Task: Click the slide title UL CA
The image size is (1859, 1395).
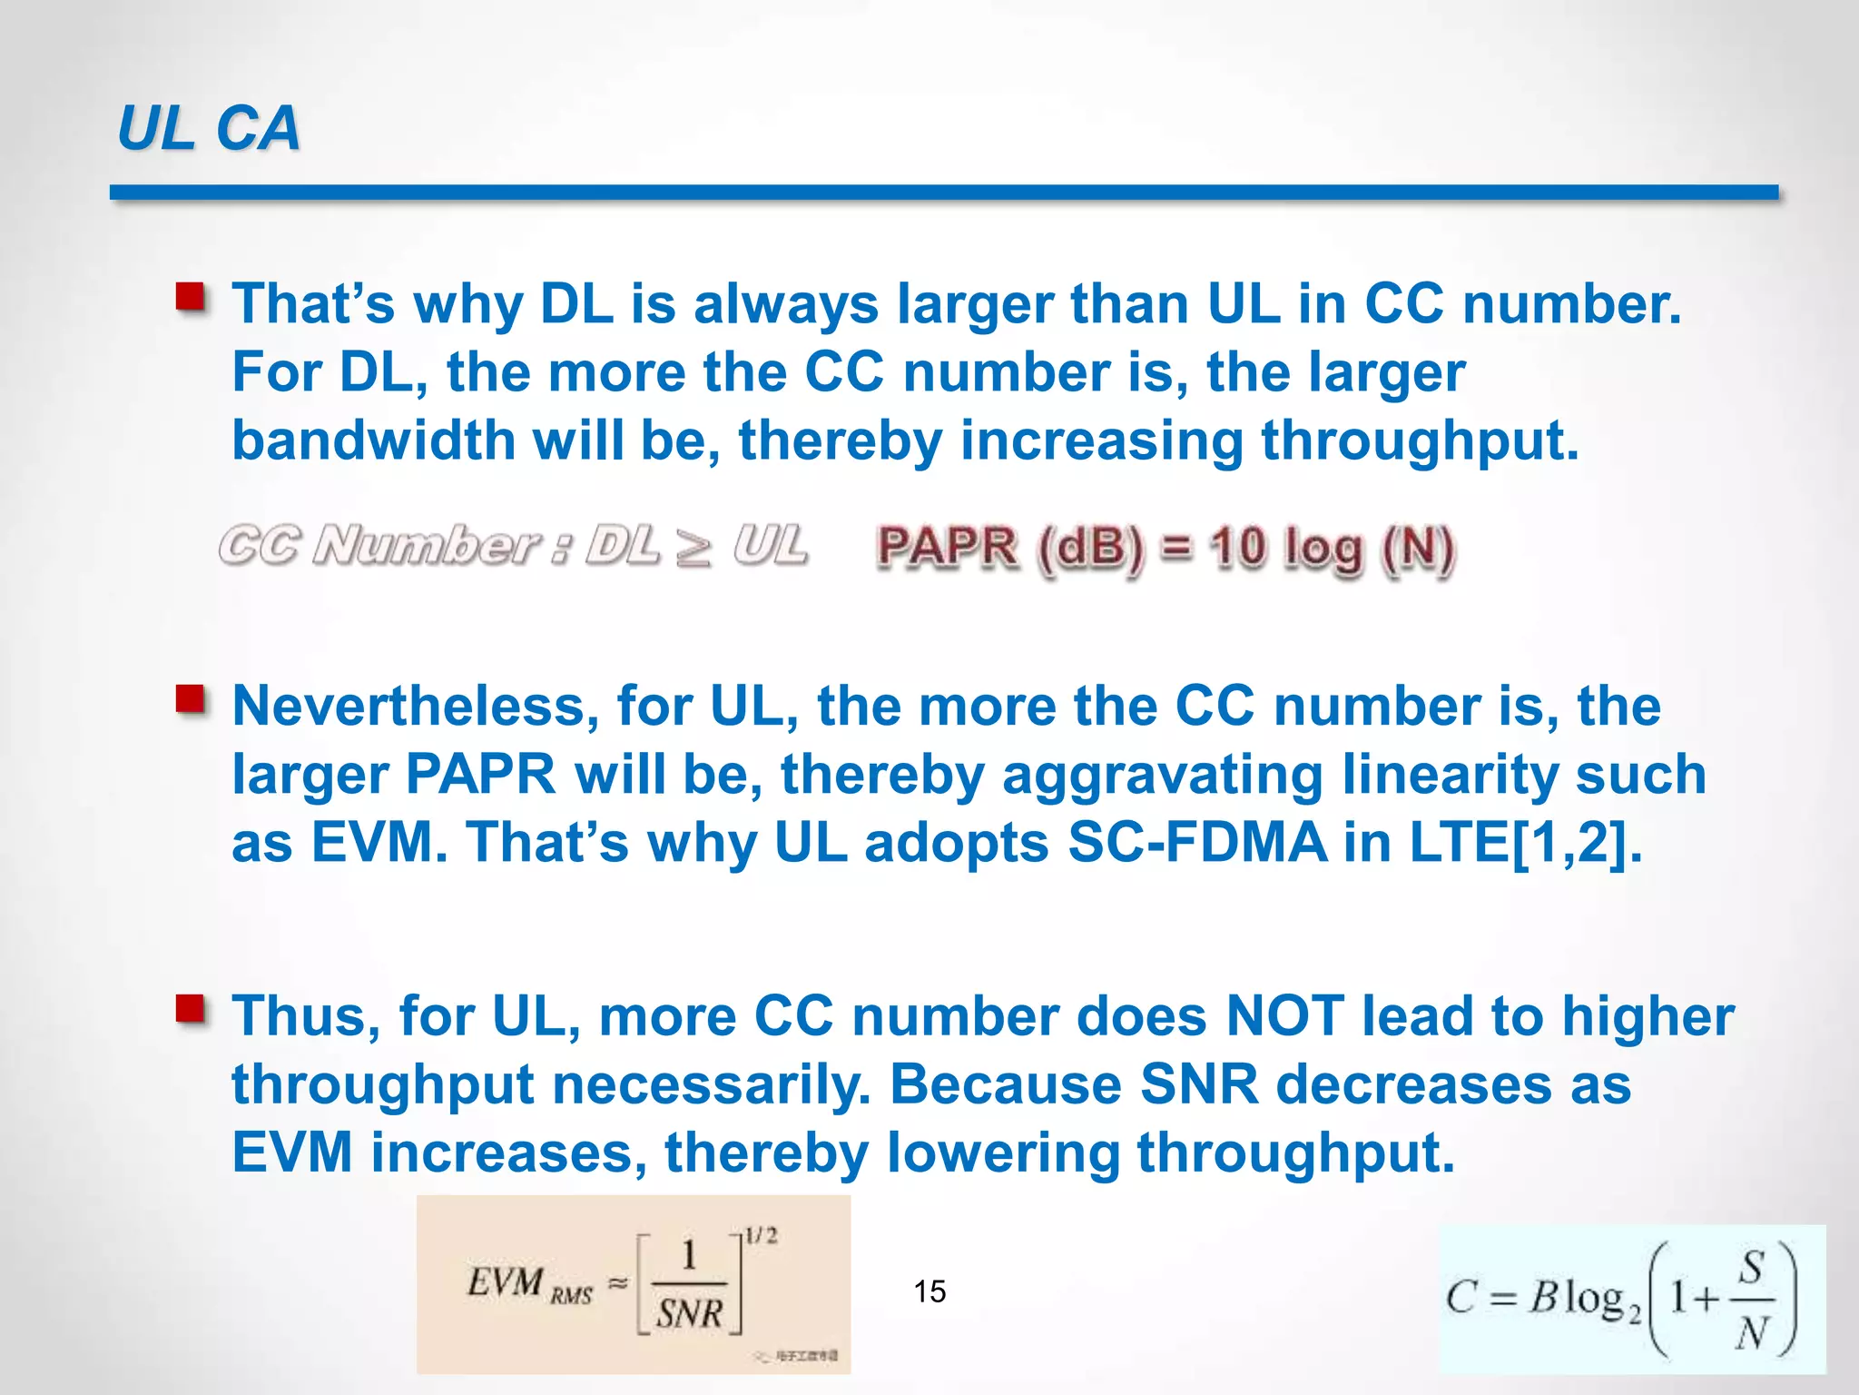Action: point(208,128)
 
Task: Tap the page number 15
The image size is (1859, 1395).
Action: point(929,1291)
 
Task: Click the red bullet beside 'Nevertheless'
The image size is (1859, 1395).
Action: point(191,701)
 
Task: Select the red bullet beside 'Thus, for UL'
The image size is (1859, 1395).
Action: point(191,1010)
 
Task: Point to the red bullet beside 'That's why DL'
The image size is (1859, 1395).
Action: point(191,298)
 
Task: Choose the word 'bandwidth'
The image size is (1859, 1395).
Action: point(373,440)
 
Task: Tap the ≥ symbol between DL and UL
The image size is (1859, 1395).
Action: point(694,548)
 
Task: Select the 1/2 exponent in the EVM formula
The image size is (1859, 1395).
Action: point(761,1236)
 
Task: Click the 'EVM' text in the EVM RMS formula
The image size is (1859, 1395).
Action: point(505,1282)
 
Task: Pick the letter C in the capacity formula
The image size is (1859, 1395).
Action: point(1461,1297)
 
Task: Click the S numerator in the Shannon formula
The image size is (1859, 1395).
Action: point(1752,1266)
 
